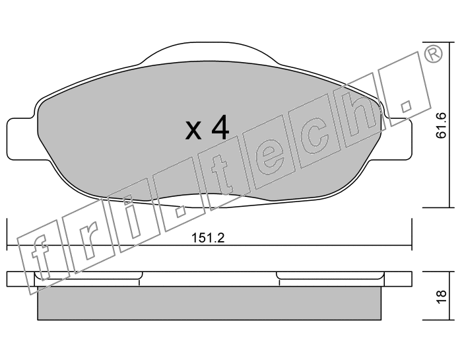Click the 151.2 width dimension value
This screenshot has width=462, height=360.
click(208, 238)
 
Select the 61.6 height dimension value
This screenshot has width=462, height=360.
click(441, 126)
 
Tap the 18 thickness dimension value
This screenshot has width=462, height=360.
click(442, 297)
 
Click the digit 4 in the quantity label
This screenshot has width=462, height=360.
click(220, 127)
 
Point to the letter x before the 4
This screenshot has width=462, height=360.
click(193, 131)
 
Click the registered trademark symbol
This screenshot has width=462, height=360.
click(433, 54)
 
